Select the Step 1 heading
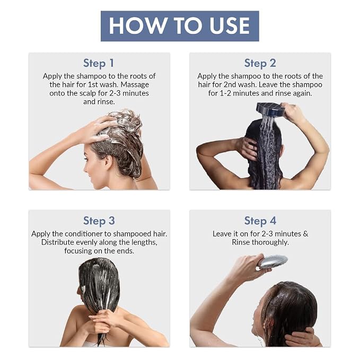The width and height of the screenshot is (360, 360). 99,64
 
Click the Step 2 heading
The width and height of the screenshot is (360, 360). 260,64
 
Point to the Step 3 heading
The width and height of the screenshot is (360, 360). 99,221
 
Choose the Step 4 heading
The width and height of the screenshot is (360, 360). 260,221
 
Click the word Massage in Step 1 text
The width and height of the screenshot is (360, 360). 135,85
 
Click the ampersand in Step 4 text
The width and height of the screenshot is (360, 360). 305,234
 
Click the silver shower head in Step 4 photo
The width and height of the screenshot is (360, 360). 273,262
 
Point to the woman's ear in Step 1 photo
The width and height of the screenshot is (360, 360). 109,161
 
